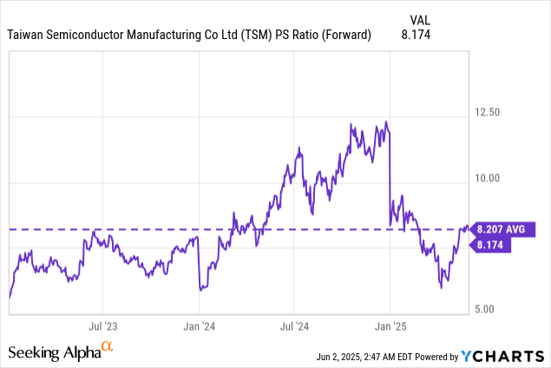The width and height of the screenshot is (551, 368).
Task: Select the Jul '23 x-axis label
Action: (x=104, y=327)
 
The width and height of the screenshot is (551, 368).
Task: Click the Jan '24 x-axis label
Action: (x=200, y=327)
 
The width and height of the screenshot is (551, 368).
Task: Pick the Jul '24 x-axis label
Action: (x=294, y=327)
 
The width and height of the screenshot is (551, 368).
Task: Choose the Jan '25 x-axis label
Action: (x=390, y=327)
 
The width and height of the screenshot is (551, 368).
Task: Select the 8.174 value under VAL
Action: (x=416, y=35)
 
